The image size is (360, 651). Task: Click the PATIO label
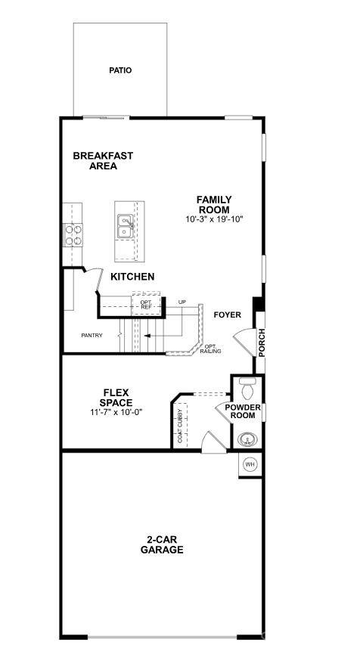coord(119,70)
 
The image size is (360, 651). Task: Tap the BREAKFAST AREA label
coord(103,161)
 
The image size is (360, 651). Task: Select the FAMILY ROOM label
coord(215,205)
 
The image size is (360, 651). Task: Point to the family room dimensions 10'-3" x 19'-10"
coord(215,219)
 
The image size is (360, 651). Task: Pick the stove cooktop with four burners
coord(73,236)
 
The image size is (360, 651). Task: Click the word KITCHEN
coord(132,277)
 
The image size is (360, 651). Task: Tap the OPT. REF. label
coord(146,305)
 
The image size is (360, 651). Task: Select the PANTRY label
coord(92,335)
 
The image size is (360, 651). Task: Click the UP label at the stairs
coord(182,302)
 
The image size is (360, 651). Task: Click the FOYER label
coord(227,315)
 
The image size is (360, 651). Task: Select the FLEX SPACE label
coord(116,398)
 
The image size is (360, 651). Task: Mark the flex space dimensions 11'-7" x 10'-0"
coord(116,412)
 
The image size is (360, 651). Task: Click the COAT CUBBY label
coord(180,425)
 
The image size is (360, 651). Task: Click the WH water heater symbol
coord(250,463)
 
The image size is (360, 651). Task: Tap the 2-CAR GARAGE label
coord(161,545)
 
